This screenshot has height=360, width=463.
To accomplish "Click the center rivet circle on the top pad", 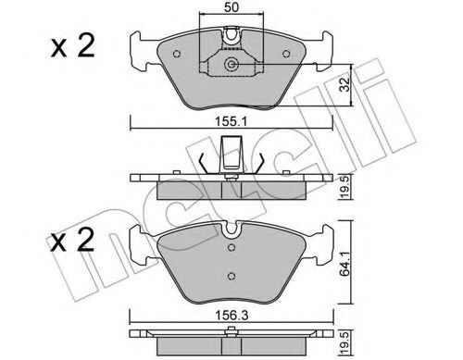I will (x=231, y=66).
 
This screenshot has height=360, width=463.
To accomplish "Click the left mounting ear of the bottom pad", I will (x=142, y=242).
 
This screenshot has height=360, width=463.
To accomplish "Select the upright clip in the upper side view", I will (x=231, y=152).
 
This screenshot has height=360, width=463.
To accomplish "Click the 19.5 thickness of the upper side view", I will (x=344, y=185).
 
